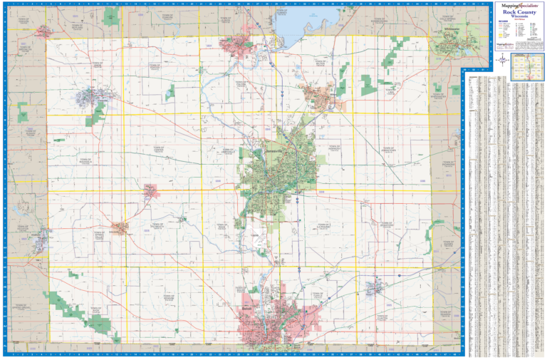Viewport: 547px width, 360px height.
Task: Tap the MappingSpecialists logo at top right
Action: (518, 6)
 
